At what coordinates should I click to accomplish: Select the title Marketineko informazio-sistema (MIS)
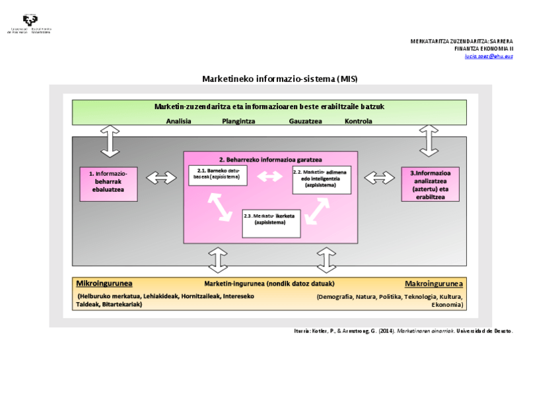point(279,79)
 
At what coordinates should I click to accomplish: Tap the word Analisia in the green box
point(179,121)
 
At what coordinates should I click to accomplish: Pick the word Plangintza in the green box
point(238,121)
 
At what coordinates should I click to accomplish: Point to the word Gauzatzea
point(305,121)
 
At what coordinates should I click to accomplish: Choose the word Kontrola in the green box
point(359,121)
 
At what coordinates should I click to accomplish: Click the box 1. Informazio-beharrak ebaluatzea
point(108,183)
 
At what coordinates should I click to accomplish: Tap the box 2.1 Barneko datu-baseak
point(218,176)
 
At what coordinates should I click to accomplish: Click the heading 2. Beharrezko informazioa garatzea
point(270,159)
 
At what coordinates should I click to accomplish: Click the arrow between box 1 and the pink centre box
point(161,178)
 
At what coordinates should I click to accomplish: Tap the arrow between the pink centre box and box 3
point(379,178)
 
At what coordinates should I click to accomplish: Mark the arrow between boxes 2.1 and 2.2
point(269,177)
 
